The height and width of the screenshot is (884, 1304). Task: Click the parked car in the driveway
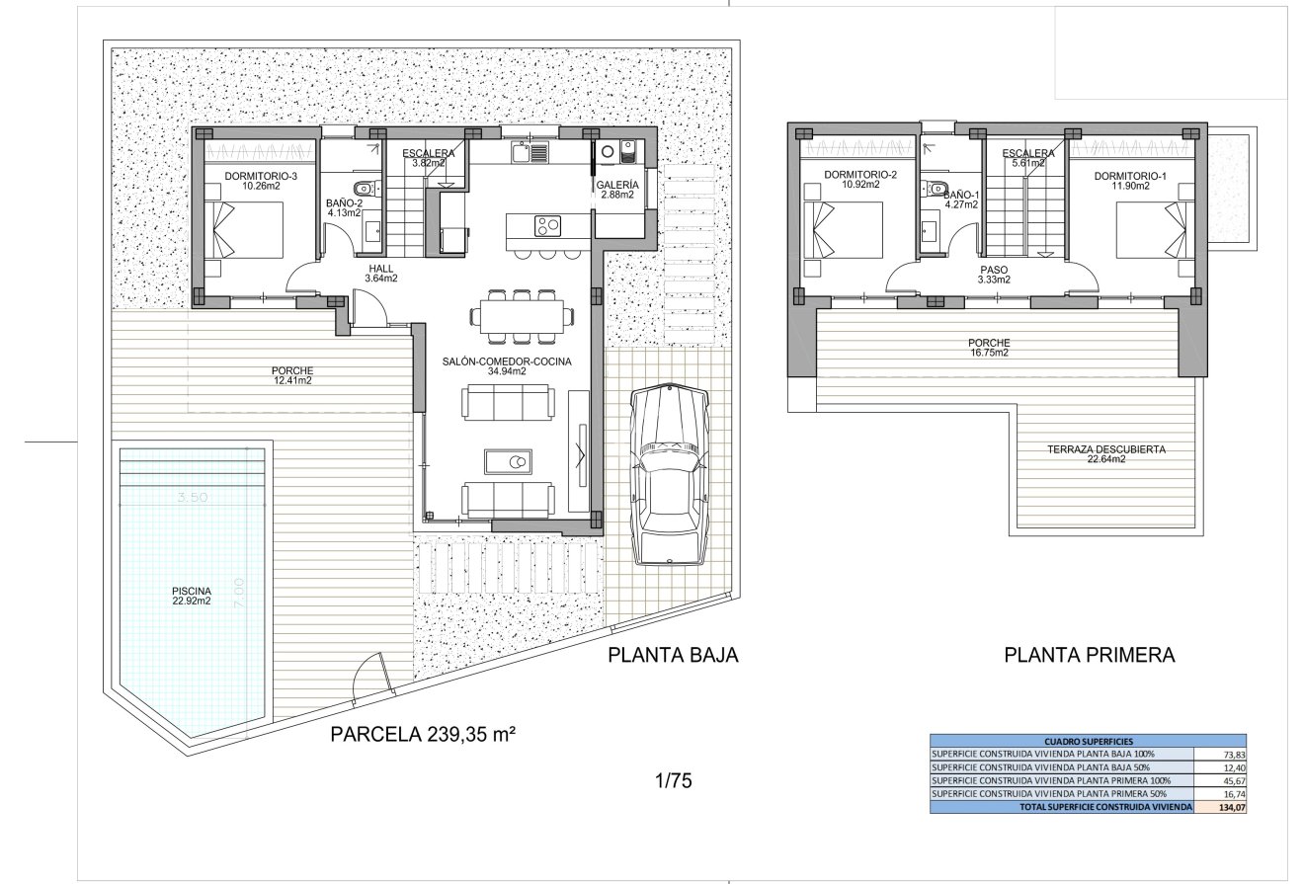tap(670, 475)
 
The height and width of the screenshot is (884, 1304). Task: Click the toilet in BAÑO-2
tap(363, 186)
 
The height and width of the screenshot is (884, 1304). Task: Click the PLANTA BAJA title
tap(673, 655)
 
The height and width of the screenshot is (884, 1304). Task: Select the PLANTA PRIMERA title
tap(1089, 655)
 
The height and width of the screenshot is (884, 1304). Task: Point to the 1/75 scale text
tap(673, 781)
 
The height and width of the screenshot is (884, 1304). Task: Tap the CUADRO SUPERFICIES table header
tap(1088, 740)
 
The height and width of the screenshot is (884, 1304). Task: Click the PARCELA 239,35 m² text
tap(424, 734)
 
